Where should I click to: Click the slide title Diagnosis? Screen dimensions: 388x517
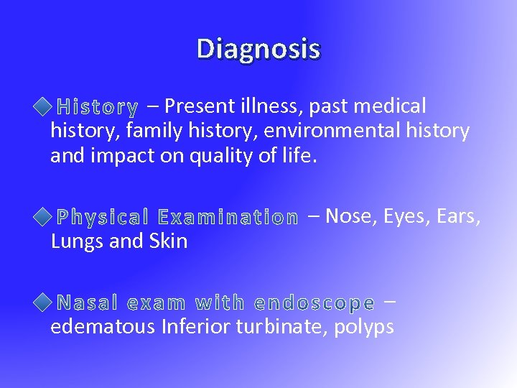pos(258,50)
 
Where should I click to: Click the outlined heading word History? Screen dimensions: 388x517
pos(98,108)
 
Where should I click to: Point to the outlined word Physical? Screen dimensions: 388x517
pos(102,216)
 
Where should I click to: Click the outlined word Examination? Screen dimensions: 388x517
pos(228,216)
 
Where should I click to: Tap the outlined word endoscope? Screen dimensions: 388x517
pos(315,302)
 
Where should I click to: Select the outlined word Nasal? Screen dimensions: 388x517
pos(87,302)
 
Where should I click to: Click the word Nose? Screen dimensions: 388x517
pos(353,215)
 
